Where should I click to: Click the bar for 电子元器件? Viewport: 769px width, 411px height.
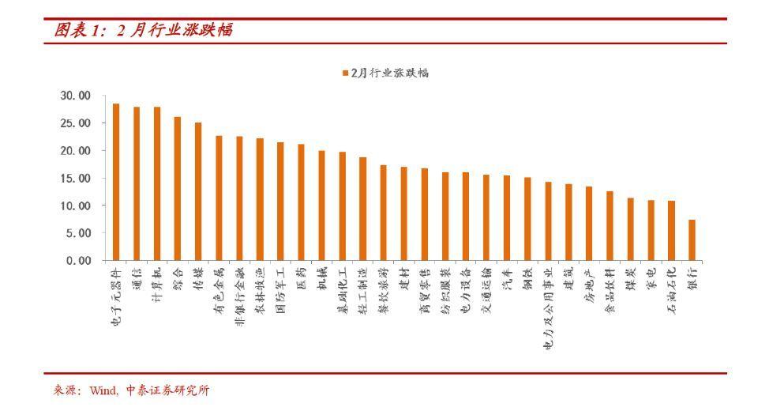pyautogui.click(x=116, y=182)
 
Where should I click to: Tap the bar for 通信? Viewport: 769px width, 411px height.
pyautogui.click(x=137, y=183)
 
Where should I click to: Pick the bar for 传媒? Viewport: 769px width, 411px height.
pyautogui.click(x=198, y=191)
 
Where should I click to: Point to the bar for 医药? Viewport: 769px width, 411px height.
pyautogui.click(x=301, y=202)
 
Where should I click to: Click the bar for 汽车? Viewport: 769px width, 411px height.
pyautogui.click(x=507, y=217)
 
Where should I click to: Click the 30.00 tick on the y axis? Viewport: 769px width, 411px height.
pyautogui.click(x=76, y=96)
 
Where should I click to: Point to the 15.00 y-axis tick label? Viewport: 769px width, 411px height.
pyautogui.click(x=76, y=178)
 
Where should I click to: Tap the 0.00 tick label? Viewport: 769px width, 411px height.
pyautogui.click(x=79, y=260)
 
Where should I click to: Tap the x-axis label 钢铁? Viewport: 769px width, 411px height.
pyautogui.click(x=527, y=279)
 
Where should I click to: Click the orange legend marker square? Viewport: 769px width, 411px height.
pyautogui.click(x=345, y=73)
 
